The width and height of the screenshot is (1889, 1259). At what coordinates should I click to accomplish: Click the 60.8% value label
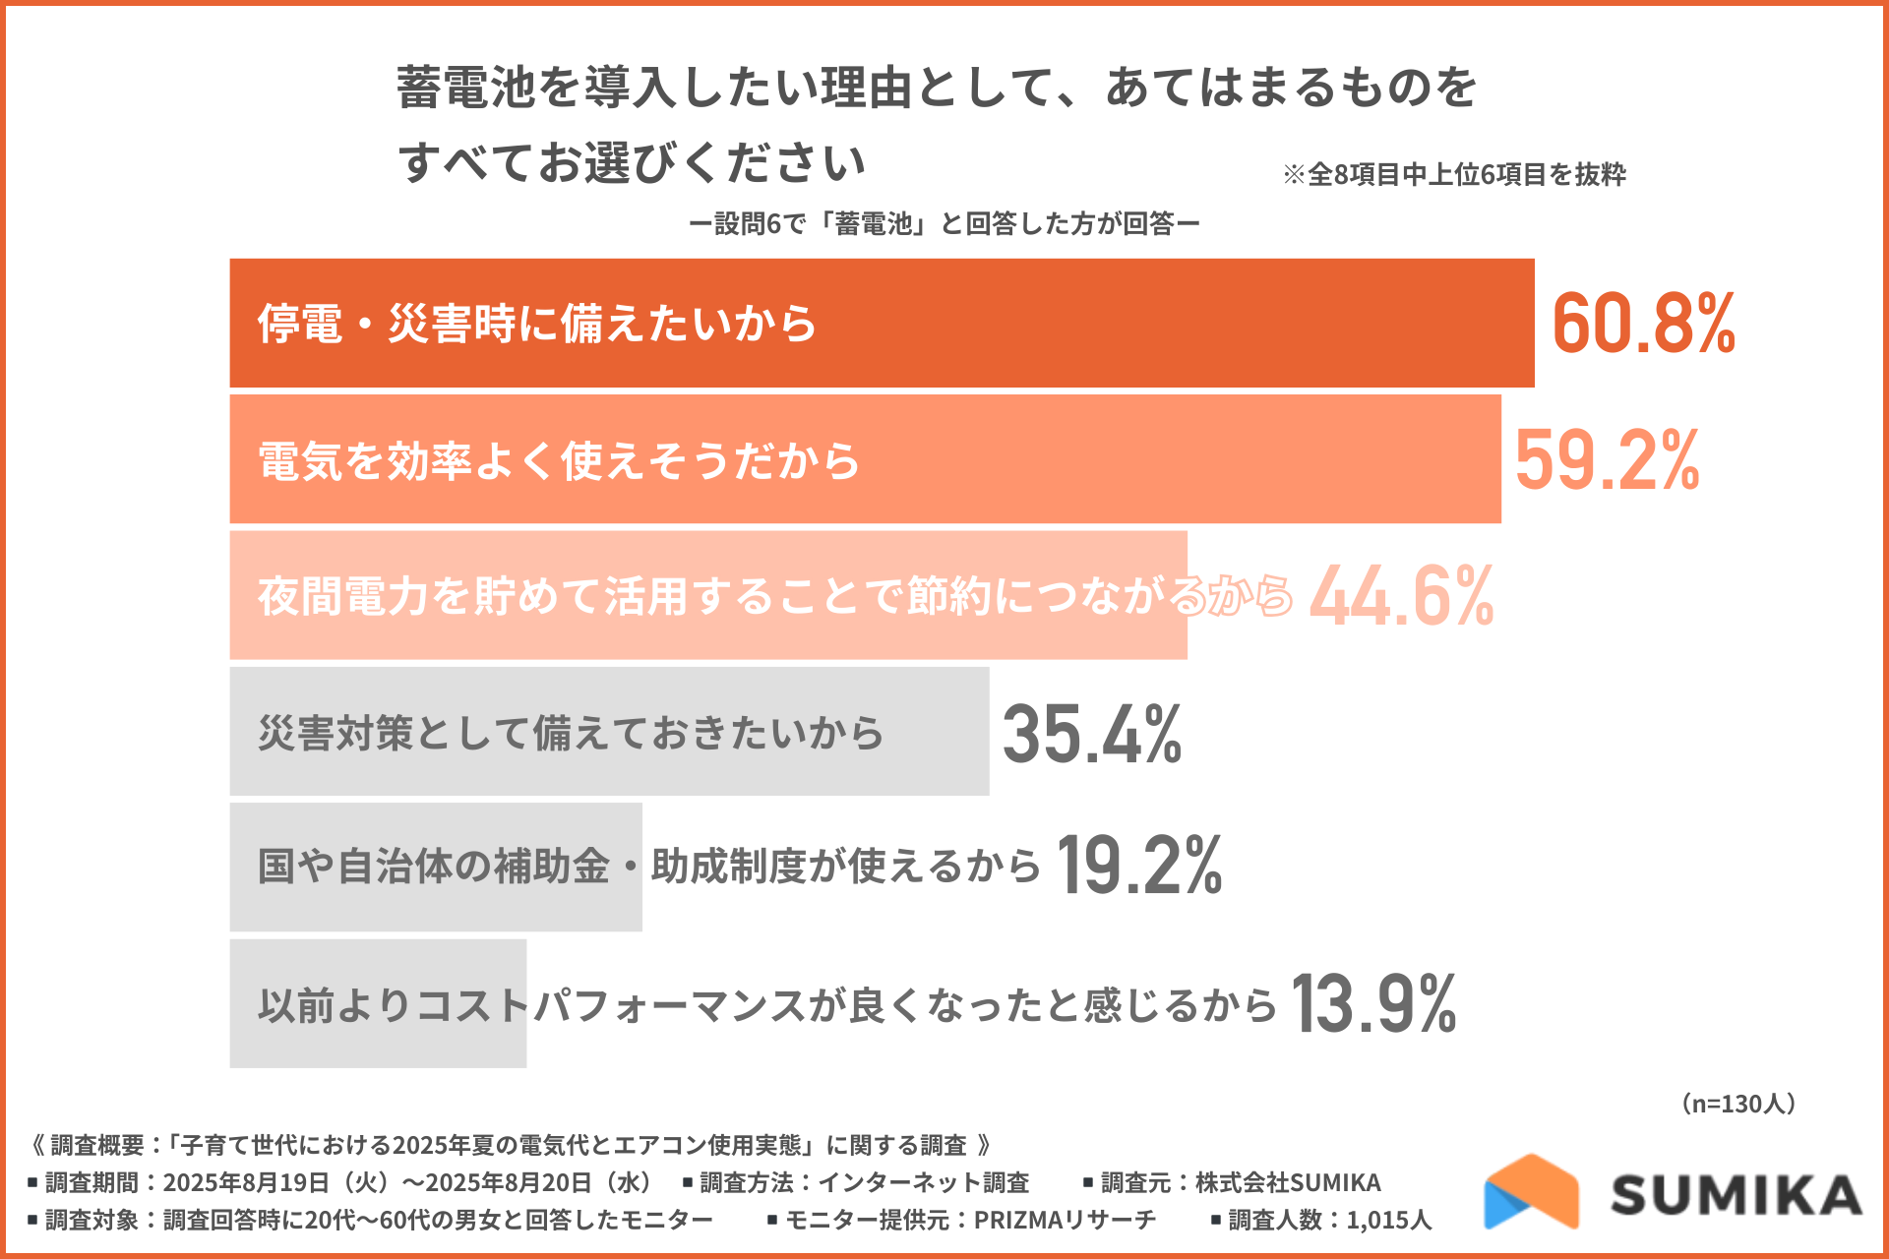coord(1643,324)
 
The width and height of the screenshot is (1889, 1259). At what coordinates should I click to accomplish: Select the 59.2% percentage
coord(1607,459)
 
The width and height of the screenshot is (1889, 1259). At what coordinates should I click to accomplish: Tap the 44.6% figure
coord(1401,596)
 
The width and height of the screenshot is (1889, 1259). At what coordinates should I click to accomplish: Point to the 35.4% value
coord(1092,734)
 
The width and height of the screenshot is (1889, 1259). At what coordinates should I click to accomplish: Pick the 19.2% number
coord(1139,867)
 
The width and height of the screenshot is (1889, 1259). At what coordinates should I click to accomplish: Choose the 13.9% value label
coord(1373,1004)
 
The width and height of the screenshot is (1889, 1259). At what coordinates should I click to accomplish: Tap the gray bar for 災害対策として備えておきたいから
coord(935,732)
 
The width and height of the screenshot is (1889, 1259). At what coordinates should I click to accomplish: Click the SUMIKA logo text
coord(1736,1195)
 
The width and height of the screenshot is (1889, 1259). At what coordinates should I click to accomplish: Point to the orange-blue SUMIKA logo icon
coord(1531,1192)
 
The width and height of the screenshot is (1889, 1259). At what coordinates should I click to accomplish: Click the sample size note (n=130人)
coord(1738,1104)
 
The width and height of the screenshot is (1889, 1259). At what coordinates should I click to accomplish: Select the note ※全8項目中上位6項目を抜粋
coord(1454,175)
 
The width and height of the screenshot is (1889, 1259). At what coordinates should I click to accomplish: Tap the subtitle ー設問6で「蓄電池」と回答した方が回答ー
coord(944,224)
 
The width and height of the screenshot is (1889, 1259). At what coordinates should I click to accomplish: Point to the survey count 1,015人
coord(1388,1221)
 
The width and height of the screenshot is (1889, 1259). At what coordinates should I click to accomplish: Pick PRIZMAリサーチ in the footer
coord(1065,1221)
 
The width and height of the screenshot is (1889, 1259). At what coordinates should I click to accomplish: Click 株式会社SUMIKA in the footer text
coord(1288,1183)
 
